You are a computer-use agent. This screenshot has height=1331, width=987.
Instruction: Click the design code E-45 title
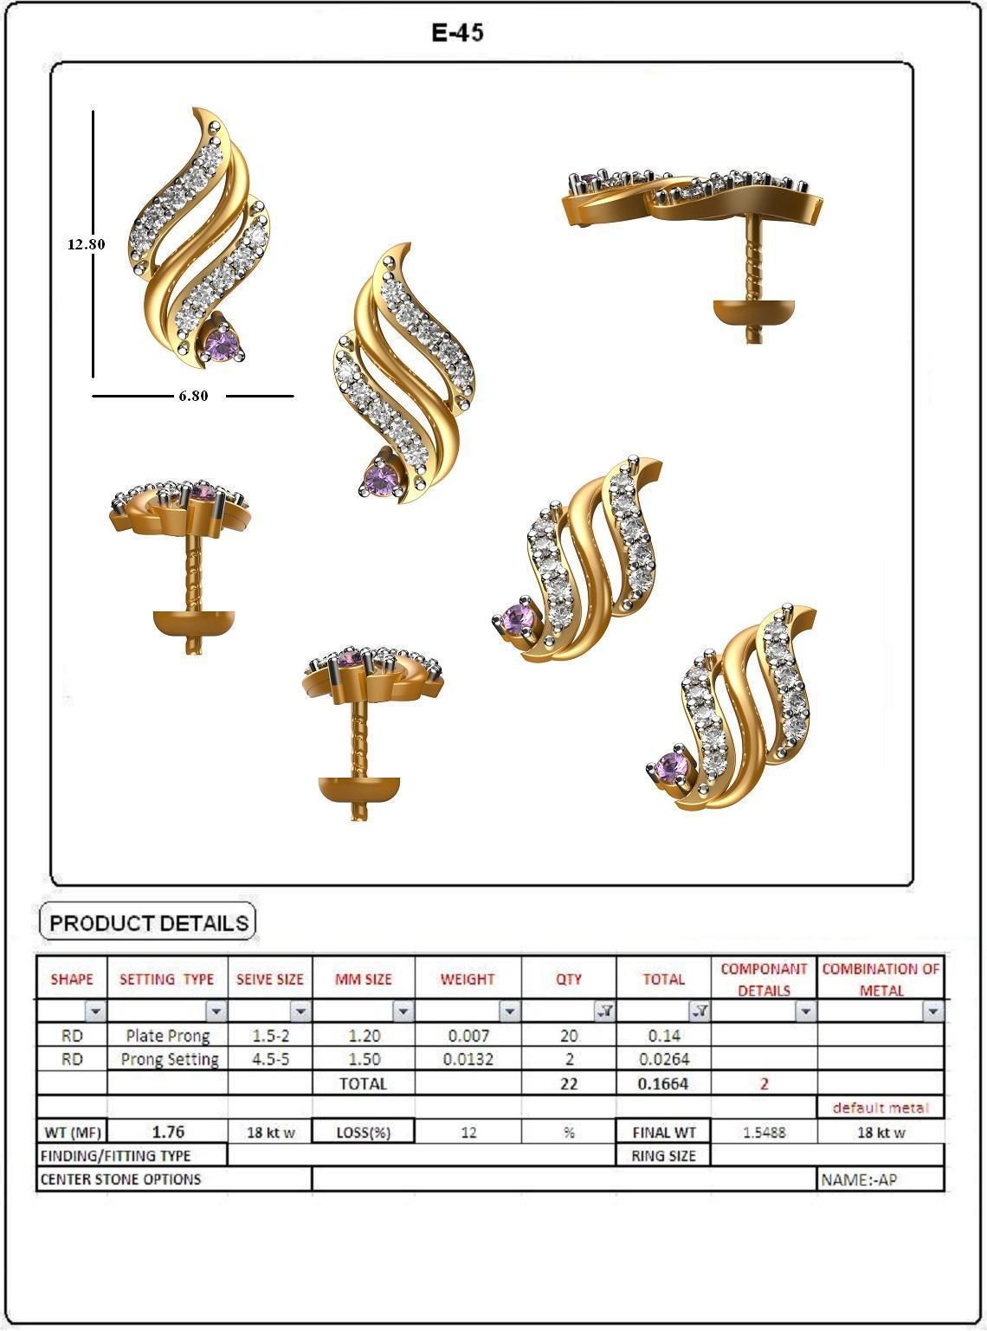point(458,33)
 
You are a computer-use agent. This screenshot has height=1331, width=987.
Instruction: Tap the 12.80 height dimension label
point(87,244)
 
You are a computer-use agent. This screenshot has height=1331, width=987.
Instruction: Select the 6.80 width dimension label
point(193,396)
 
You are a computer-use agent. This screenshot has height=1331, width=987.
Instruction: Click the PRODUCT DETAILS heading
point(149,923)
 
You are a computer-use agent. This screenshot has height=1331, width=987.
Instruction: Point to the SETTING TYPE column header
point(166,979)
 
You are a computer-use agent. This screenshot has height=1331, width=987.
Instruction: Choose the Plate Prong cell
point(167,1035)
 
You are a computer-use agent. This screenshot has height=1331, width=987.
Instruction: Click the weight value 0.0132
point(468,1058)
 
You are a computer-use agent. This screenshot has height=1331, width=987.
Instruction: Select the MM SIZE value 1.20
point(363,1035)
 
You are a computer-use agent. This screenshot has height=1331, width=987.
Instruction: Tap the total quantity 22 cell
point(568,1083)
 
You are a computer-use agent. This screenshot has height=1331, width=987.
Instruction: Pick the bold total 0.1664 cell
point(663,1083)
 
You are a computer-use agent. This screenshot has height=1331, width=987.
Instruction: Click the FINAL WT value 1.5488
point(764,1132)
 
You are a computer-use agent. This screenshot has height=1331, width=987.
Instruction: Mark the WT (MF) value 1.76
point(167,1132)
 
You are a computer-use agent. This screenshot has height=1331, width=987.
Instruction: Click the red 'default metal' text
point(880,1108)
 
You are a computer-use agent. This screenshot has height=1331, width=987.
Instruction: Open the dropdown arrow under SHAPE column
point(94,1011)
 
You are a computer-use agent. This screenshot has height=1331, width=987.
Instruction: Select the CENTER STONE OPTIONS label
point(120,1179)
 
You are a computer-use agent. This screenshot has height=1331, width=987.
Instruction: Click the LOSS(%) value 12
point(468,1132)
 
